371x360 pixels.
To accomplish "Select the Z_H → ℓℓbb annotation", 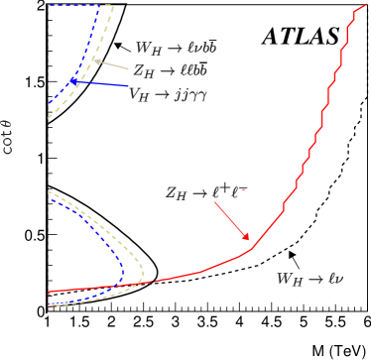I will [170, 71].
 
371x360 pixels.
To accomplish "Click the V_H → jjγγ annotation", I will [168, 94].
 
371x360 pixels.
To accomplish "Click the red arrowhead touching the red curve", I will [248, 239].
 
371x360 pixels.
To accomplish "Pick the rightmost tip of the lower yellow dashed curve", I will [144, 271].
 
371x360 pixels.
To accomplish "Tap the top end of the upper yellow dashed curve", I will [113, 6].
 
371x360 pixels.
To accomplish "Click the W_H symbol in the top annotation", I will [149, 48].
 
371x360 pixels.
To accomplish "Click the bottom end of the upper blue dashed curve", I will [50, 102].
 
